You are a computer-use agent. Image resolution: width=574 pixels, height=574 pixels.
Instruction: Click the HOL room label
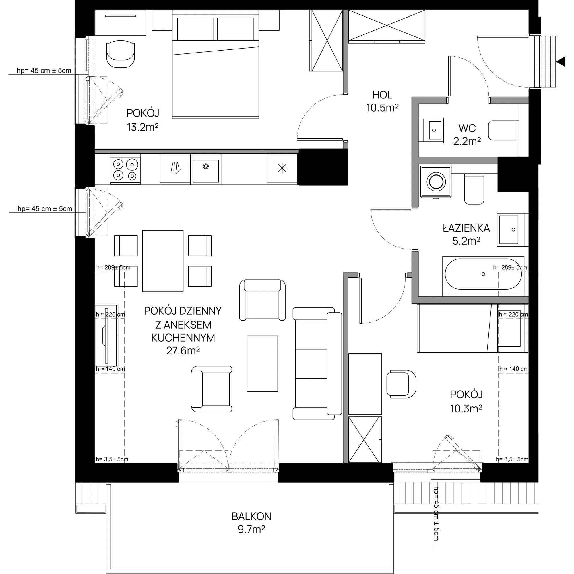[382, 95]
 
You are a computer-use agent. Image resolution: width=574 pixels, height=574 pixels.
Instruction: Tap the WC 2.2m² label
[467, 135]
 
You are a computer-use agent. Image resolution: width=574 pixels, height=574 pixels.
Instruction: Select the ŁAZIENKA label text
[466, 228]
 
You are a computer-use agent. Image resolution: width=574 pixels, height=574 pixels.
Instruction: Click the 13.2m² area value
[143, 127]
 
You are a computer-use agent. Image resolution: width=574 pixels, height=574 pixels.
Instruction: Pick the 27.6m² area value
[183, 351]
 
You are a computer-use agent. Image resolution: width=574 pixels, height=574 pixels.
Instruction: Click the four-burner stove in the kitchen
[125, 169]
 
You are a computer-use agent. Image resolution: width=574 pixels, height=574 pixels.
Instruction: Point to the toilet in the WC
[504, 130]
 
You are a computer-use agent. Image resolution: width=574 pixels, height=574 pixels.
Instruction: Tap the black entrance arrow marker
[561, 62]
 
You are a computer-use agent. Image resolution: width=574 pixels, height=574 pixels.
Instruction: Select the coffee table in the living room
[263, 364]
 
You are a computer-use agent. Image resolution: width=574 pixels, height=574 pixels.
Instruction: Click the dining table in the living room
[163, 261]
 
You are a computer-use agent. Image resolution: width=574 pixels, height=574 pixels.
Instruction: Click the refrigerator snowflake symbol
[282, 168]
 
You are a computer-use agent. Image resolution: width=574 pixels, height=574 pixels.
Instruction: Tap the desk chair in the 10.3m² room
[402, 383]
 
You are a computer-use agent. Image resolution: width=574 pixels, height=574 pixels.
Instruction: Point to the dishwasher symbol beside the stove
[176, 168]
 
